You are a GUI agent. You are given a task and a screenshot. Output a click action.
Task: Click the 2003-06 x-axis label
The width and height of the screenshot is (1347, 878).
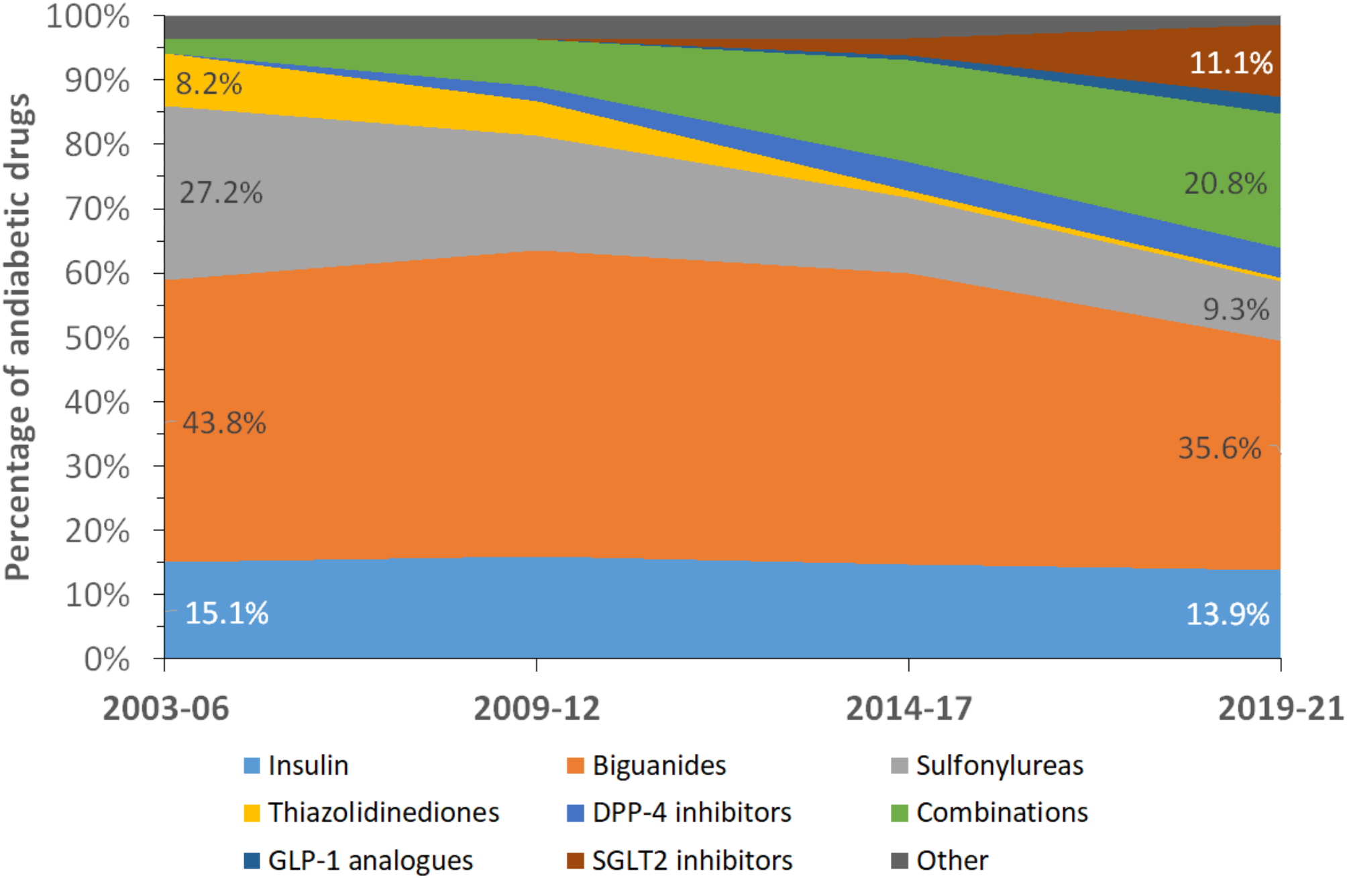click(166, 708)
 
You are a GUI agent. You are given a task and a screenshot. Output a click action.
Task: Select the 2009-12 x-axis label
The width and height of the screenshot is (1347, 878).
click(537, 708)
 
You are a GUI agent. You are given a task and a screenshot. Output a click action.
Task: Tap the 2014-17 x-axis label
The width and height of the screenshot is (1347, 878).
click(909, 708)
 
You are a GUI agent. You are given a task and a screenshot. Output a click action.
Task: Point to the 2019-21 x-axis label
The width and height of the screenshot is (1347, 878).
click(1281, 708)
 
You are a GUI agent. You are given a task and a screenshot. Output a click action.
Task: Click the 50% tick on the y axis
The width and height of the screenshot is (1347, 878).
click(97, 338)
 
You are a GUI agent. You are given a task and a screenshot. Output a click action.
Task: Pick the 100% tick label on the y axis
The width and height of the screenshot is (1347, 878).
click(88, 16)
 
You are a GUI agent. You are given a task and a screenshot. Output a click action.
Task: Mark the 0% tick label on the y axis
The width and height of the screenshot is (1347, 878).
click(107, 659)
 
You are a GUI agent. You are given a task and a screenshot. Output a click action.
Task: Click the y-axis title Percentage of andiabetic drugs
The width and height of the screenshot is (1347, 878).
click(18, 336)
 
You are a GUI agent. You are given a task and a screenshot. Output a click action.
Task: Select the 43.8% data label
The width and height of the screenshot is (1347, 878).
click(224, 423)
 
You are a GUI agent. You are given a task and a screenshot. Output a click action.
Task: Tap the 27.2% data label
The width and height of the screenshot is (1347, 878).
click(221, 193)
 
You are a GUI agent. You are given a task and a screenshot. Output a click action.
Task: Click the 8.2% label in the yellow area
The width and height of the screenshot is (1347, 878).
click(209, 84)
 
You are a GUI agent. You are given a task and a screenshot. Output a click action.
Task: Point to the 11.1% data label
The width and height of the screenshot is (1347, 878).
click(1231, 63)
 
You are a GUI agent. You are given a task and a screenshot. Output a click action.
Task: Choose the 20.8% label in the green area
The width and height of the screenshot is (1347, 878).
click(1225, 183)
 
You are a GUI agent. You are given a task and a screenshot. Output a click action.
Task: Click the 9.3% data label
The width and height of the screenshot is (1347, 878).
click(1236, 309)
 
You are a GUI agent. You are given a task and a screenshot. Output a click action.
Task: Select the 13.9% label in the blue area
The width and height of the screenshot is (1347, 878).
click(1228, 614)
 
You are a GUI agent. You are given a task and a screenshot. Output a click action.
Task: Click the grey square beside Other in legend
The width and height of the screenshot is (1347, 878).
click(899, 860)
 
